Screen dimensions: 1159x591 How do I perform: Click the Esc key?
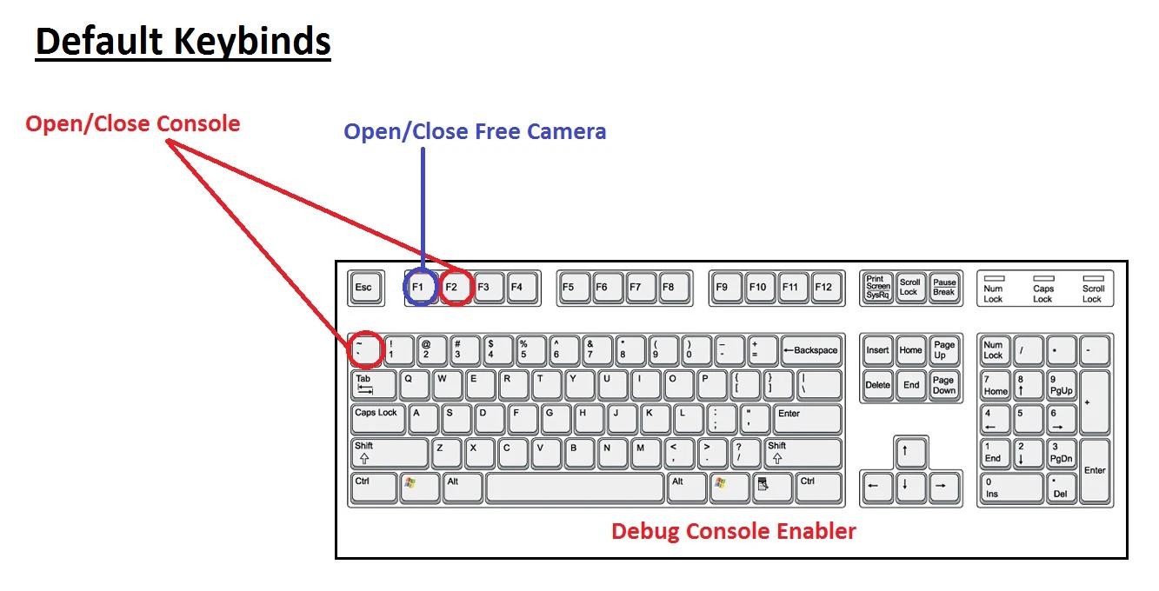pyautogui.click(x=366, y=288)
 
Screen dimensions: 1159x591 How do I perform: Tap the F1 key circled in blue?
pyautogui.click(x=421, y=288)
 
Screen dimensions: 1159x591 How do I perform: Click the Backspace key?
pyautogui.click(x=811, y=350)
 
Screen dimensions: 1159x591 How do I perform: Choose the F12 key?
pyautogui.click(x=826, y=288)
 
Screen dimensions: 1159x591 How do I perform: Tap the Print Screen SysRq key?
pyautogui.click(x=877, y=288)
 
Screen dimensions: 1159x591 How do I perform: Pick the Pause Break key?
pyautogui.click(x=945, y=288)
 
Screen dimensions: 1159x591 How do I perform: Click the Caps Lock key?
pyautogui.click(x=377, y=419)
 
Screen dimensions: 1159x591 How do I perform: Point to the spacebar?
pyautogui.click(x=575, y=488)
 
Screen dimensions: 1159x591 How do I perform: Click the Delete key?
pyautogui.click(x=877, y=385)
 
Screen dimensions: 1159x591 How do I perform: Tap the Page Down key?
pyautogui.click(x=945, y=385)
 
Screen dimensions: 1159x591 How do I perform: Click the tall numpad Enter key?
pyautogui.click(x=1095, y=470)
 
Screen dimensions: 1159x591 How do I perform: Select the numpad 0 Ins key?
pyautogui.click(x=1011, y=488)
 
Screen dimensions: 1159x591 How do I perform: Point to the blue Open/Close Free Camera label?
pyautogui.click(x=475, y=132)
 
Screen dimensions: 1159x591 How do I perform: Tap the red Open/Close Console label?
pyautogui.click(x=133, y=124)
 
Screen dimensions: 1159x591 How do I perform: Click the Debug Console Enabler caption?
pyautogui.click(x=734, y=532)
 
